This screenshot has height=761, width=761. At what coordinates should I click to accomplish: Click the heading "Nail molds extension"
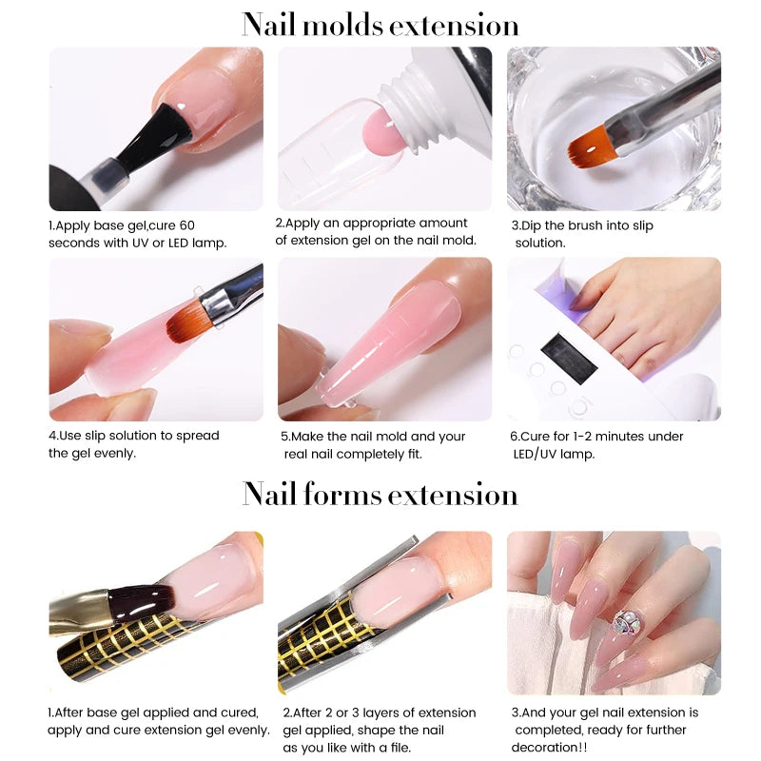(x=380, y=24)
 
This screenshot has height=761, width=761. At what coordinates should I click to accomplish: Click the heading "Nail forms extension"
(x=380, y=495)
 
